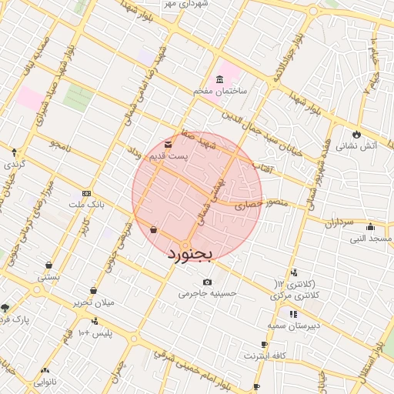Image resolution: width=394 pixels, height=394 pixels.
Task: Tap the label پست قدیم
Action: pos(169,156)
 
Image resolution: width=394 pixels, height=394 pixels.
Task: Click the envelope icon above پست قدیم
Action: pos(169,144)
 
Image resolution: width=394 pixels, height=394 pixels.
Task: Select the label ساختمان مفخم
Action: pos(219,92)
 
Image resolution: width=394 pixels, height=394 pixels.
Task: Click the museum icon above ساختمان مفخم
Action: pos(220,80)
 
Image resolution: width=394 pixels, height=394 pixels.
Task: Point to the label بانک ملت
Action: pos(85,205)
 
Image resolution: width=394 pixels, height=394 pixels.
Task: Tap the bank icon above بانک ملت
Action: pos(86,193)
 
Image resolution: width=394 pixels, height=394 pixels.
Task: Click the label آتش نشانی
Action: pos(357,145)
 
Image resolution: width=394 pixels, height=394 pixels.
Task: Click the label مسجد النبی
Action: pos(371,239)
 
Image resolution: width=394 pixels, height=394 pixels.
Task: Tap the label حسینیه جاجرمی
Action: pos(207,293)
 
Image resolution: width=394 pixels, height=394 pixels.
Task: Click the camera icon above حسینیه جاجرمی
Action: pos(207,282)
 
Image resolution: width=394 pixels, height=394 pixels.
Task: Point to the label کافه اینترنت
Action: pos(265,356)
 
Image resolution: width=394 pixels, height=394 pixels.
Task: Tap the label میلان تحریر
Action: pos(93,302)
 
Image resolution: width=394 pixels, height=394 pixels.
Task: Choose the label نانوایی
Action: pos(44,382)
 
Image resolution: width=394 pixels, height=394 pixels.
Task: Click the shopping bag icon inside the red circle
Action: pos(153,229)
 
